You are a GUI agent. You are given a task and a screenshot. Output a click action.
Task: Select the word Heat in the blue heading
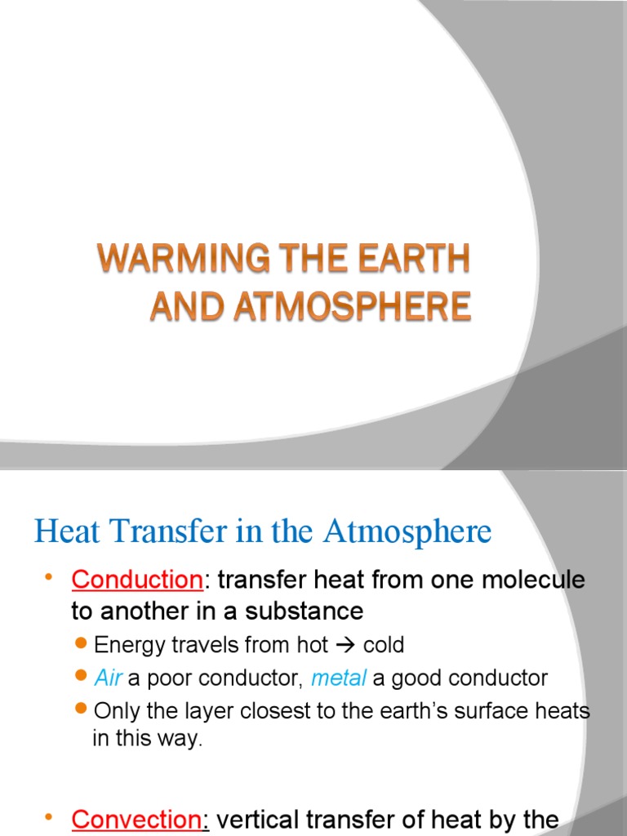coord(64,532)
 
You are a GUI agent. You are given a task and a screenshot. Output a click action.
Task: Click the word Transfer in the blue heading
coord(160,532)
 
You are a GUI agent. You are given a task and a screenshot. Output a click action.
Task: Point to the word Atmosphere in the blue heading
coord(407,532)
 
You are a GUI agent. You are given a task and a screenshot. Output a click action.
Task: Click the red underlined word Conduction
coord(136,580)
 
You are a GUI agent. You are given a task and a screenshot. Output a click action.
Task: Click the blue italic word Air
coord(108,678)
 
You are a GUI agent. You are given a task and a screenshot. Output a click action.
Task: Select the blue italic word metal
coord(338,678)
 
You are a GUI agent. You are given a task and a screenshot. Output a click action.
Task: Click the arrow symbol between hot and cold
coord(345,646)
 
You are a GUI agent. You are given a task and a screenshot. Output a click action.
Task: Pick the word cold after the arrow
coord(383,646)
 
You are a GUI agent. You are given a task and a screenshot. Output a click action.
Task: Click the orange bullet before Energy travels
coord(81,645)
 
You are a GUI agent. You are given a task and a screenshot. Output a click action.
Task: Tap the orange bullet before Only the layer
coord(81,710)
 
